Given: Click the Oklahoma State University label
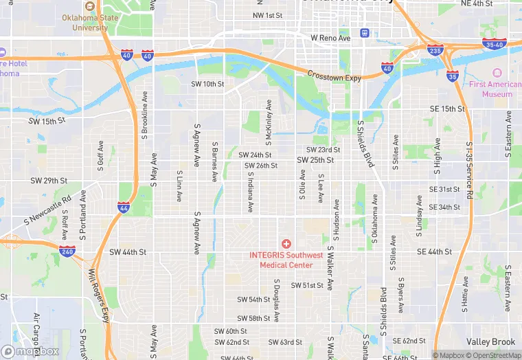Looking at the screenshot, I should pyautogui.click(x=84, y=23).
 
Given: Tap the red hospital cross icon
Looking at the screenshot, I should pyautogui.click(x=286, y=245).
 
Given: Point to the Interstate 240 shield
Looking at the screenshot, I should pyautogui.click(x=67, y=251).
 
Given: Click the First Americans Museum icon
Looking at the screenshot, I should pyautogui.click(x=497, y=71).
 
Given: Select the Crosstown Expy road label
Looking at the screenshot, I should pyautogui.click(x=334, y=76).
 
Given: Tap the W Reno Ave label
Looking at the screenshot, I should pyautogui.click(x=330, y=38).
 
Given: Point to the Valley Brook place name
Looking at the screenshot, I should pyautogui.click(x=490, y=342).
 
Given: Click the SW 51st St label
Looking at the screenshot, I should pyautogui.click(x=307, y=285).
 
